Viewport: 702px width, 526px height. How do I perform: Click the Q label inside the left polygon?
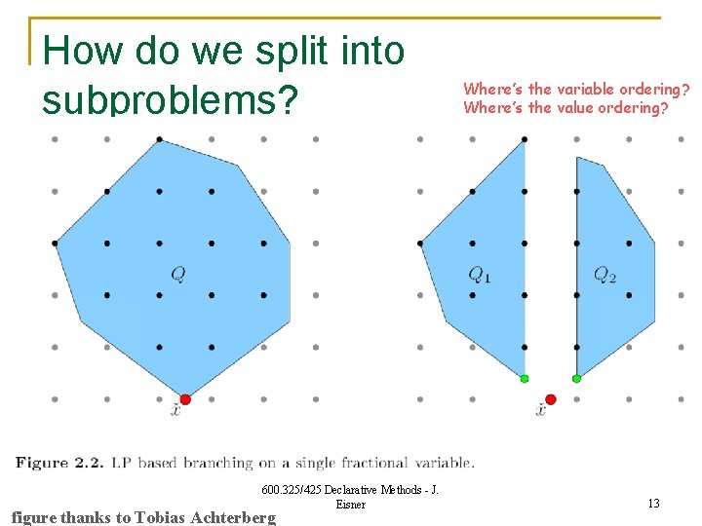[x=178, y=275]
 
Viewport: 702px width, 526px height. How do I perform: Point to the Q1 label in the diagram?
[x=480, y=275]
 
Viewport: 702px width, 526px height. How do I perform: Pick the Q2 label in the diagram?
[x=604, y=276]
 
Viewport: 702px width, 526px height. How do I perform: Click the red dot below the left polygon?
[x=185, y=399]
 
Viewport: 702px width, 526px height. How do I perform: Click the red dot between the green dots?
[x=551, y=399]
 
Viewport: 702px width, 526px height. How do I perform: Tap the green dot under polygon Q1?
[x=525, y=378]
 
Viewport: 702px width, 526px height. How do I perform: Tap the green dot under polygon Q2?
[x=576, y=378]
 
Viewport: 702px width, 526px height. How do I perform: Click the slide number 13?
[x=653, y=504]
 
